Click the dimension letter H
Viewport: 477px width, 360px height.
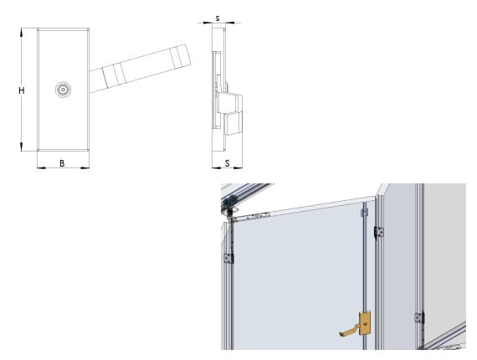pos(21,90)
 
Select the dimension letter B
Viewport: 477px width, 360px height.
pos(62,163)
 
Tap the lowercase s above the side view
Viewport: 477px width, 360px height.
pos(218,18)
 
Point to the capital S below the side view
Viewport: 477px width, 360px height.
pos(227,163)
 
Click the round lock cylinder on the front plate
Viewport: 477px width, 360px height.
pos(63,90)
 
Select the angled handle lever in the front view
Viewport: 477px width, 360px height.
pos(140,69)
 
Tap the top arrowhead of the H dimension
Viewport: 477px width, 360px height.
pos(21,32)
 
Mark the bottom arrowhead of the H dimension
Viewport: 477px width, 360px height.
pos(21,147)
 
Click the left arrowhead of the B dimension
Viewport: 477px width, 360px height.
pos(41,167)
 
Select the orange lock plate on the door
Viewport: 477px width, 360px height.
pos(365,323)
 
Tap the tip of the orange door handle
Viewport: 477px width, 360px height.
pos(341,333)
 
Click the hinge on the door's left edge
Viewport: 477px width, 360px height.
pos(228,259)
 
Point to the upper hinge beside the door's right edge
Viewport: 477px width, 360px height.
pos(379,233)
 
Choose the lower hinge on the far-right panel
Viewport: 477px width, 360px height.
pos(419,317)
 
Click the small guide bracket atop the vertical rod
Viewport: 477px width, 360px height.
pos(364,213)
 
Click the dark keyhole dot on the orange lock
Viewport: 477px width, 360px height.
pos(365,325)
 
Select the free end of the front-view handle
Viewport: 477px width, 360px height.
pos(186,55)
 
